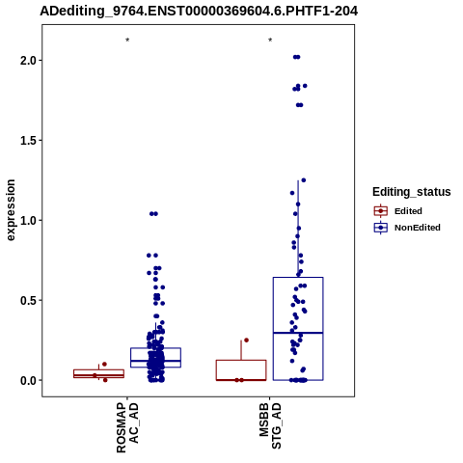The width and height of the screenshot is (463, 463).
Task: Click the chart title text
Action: pos(199,12)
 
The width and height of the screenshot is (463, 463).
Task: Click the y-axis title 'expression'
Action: pos(11,210)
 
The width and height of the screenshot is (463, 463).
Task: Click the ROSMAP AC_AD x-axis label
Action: pos(127,427)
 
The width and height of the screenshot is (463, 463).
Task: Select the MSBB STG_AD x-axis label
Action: pos(270,426)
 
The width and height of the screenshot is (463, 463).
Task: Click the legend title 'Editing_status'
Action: pos(412,192)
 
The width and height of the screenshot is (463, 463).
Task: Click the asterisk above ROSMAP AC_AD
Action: pos(127,41)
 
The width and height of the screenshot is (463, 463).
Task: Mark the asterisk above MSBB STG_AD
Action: pos(270,41)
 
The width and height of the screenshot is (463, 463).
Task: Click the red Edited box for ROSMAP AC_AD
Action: pos(98,373)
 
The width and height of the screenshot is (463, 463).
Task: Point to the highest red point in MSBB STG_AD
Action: pos(246,340)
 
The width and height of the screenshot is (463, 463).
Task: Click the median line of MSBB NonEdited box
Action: pos(298,333)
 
